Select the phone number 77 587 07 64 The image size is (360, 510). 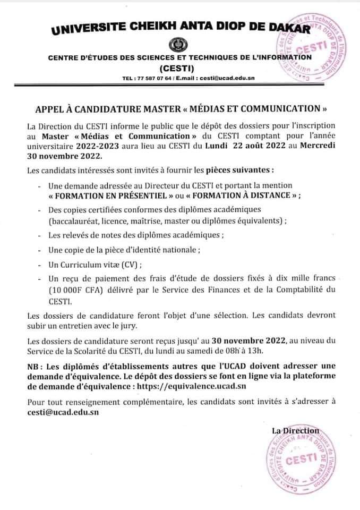coord(154,78)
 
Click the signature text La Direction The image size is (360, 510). coord(295,430)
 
